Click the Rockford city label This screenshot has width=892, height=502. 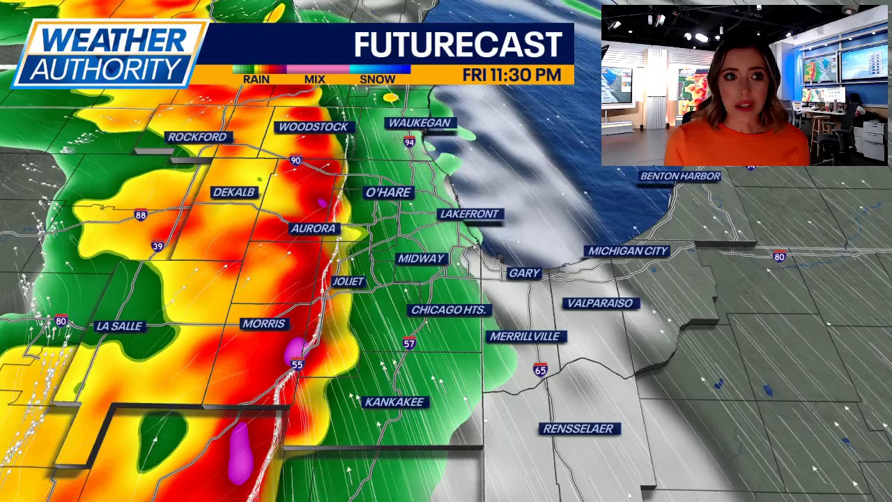pos(197,137)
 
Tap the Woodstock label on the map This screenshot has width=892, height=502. pos(312,126)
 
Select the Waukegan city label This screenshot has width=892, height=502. pos(420,123)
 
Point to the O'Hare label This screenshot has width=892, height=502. pos(388,192)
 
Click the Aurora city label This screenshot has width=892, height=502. pos(314,228)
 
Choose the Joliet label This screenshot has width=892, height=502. pos(348,281)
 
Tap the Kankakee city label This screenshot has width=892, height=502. pos(394,402)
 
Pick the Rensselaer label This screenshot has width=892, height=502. pos(578,428)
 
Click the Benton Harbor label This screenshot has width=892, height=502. pos(679,176)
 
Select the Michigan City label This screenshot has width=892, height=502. pos(628,250)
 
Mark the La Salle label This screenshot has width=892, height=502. pos(119,326)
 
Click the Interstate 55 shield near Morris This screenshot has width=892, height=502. pos(298,365)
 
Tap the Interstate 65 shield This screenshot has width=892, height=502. pos(540,370)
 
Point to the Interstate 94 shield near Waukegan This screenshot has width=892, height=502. pos(409,142)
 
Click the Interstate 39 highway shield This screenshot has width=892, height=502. pos(157,246)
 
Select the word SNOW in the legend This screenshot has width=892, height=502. pos(377,79)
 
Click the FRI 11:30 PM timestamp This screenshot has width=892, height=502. pos(512,75)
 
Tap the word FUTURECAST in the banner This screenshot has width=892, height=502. pos(458,45)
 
